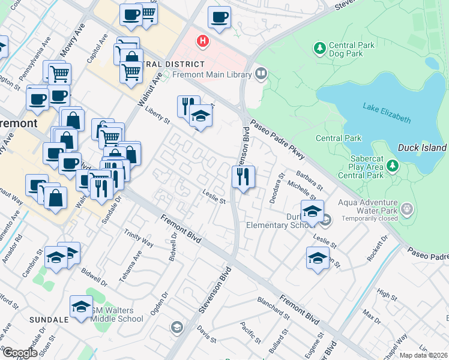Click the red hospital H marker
point(203,41)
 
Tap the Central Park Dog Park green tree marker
point(320,47)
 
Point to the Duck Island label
point(423,148)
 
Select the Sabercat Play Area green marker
point(392,164)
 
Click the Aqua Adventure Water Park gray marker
point(408,208)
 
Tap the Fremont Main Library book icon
point(261,74)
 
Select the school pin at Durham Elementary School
point(312,212)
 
